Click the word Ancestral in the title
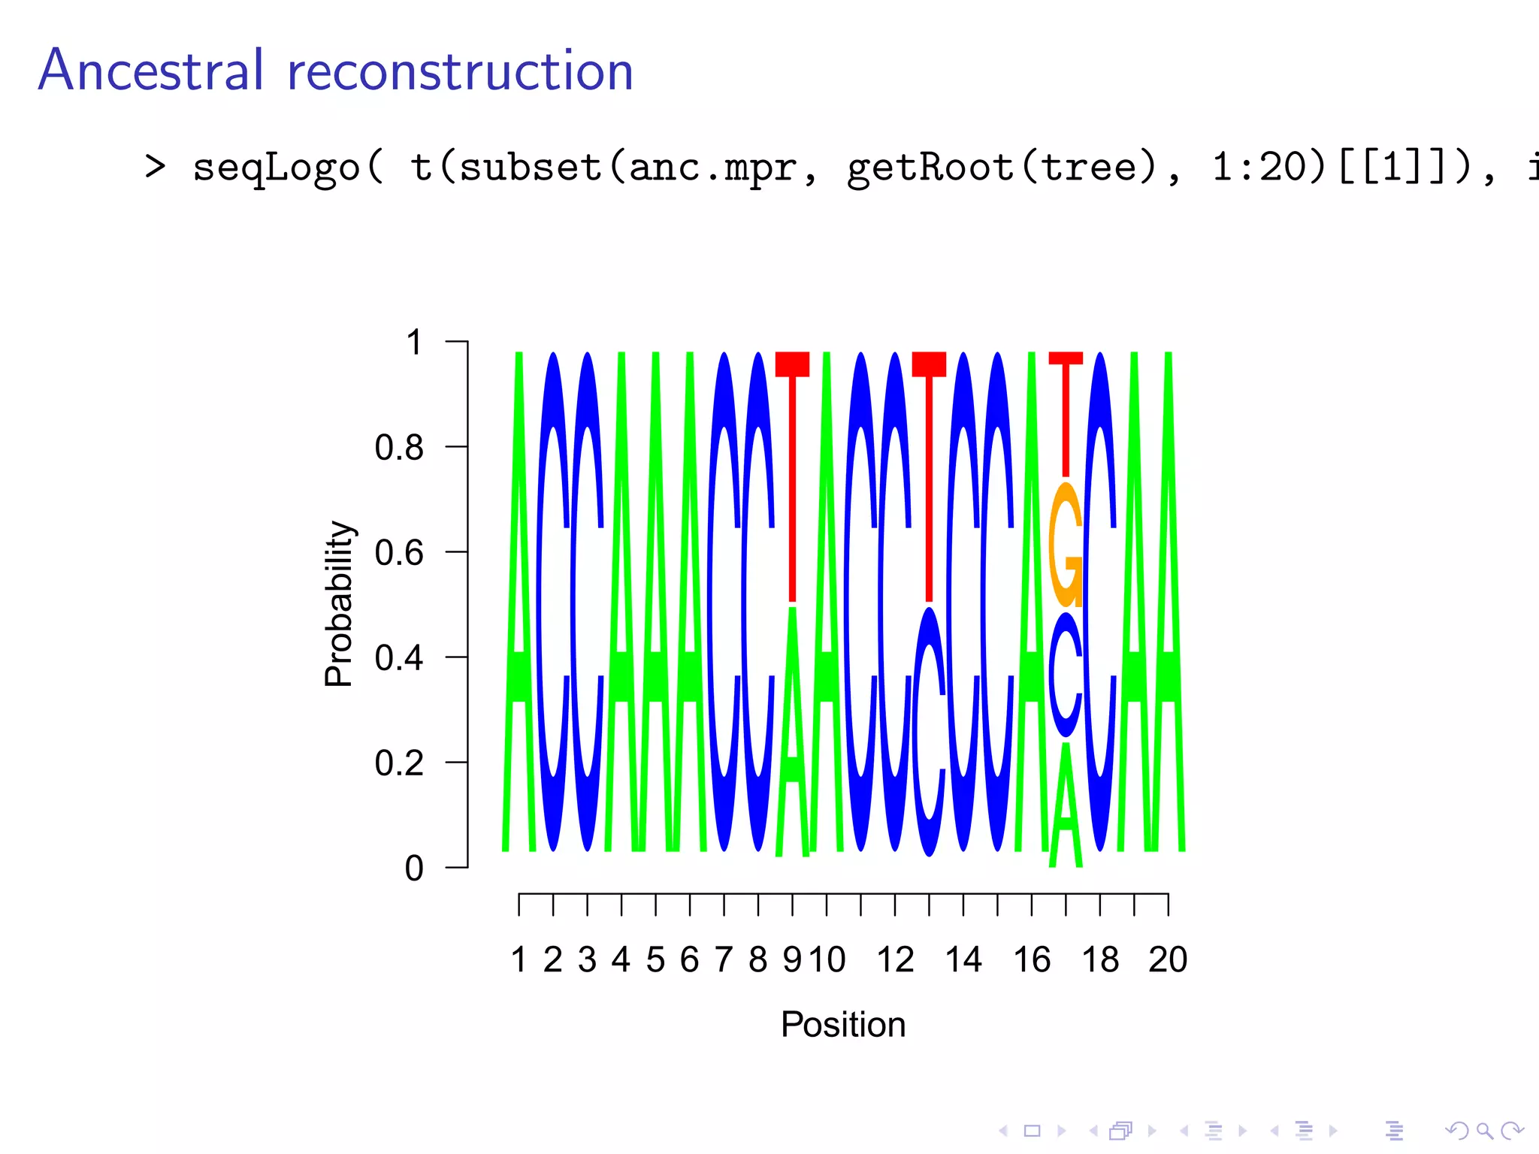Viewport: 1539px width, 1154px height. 151,71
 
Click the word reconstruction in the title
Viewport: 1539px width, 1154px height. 460,72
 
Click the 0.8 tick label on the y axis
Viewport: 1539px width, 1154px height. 399,448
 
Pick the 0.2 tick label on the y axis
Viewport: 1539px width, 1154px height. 399,763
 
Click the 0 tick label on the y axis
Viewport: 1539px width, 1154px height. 414,869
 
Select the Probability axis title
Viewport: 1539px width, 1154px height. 339,603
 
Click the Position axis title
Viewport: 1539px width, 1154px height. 843,1025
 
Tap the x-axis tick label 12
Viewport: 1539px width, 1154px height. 895,960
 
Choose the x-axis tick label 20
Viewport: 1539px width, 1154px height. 1167,960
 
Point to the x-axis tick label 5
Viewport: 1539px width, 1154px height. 655,960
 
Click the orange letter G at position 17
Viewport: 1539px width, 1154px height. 1066,545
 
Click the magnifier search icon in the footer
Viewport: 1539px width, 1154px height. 1483,1130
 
